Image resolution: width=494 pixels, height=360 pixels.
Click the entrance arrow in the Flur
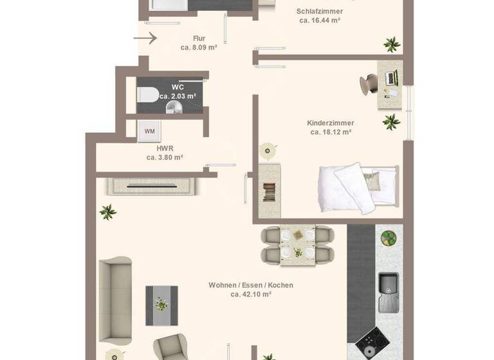coord(145,39)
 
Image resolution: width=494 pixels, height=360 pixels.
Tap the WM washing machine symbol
coord(149,131)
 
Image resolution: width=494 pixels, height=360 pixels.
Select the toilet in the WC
coord(147,95)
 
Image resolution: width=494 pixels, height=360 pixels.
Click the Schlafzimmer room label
coord(320,12)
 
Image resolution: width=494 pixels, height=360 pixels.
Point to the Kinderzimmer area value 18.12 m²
coord(331,132)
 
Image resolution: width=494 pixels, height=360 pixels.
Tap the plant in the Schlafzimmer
coord(390,44)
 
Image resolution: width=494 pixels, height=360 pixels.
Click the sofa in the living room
coord(114,298)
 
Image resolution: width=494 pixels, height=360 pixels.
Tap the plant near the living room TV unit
coord(108,211)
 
